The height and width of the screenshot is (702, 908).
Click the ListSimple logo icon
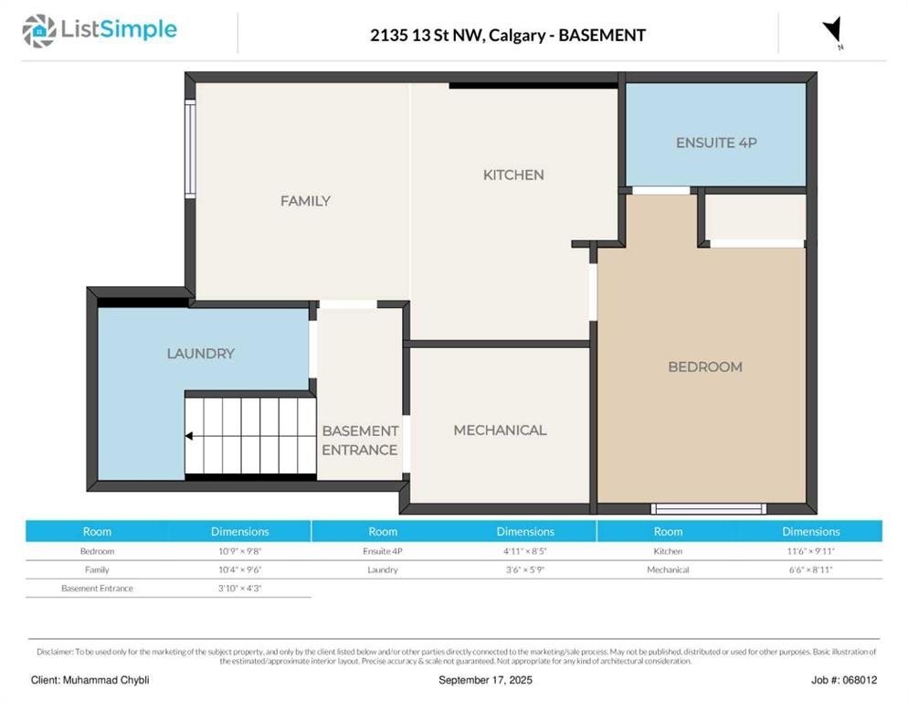[38, 31]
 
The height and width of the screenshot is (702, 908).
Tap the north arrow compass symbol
[833, 31]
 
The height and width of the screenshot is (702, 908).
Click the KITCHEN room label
[513, 175]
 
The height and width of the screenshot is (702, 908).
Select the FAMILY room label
[305, 201]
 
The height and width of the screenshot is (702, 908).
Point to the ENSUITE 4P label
[716, 143]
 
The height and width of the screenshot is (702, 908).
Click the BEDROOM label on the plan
[705, 367]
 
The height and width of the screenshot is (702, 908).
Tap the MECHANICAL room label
[500, 431]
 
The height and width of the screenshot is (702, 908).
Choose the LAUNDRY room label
[200, 354]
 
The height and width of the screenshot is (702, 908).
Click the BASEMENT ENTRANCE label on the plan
[360, 441]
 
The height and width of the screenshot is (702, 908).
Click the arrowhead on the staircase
[189, 436]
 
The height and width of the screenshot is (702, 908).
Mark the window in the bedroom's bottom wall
[709, 509]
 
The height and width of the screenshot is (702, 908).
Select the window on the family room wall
[190, 149]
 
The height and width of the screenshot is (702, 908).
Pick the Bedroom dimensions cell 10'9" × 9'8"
[239, 551]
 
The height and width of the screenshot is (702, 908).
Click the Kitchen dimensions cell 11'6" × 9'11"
[811, 551]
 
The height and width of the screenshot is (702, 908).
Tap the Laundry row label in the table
[383, 569]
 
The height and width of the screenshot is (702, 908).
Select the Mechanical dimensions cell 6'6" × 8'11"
[811, 569]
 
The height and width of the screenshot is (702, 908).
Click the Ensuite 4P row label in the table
[383, 551]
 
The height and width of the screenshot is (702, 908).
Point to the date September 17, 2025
[485, 680]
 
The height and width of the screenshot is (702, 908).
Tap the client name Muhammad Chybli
[106, 680]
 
